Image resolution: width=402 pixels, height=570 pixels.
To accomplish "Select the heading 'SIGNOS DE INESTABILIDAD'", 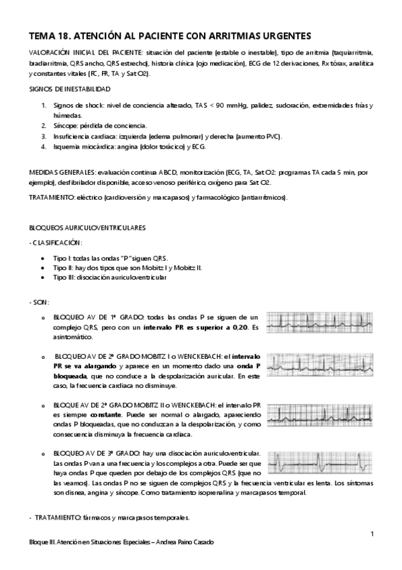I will tap(70, 89).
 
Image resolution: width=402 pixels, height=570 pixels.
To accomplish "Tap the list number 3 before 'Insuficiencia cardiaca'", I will tap(44, 136).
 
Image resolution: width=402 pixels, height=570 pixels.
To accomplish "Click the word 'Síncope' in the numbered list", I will tap(64, 126).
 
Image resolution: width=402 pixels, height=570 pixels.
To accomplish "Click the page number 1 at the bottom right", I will tap(371, 534).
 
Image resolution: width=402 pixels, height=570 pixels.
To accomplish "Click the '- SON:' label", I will tap(40, 302).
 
